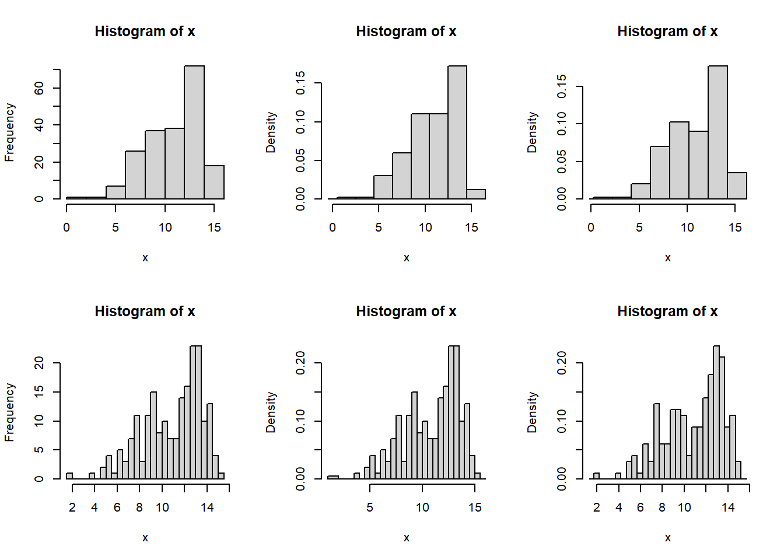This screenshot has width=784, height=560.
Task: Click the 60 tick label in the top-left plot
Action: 39,88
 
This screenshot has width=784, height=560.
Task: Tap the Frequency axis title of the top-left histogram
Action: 9,132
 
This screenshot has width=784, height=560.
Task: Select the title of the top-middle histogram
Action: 406,32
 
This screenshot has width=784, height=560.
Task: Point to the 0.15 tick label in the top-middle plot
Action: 300,83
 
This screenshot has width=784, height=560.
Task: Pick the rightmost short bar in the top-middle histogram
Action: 476,194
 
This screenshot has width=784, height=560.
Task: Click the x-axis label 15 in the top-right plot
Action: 735,228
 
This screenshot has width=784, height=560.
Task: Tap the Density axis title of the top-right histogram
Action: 532,132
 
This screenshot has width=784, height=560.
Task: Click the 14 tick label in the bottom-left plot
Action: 207,508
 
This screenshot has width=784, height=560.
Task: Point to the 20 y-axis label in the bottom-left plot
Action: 39,363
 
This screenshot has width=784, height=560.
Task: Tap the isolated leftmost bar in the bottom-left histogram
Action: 69,476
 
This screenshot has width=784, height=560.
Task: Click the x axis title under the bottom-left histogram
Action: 145,538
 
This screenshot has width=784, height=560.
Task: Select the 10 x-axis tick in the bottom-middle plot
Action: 422,508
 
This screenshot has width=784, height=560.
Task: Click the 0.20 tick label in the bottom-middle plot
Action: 300,363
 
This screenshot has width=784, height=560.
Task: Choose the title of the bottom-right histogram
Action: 667,311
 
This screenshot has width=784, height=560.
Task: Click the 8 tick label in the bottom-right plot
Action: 662,508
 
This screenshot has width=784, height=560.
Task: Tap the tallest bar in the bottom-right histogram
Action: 716,412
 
